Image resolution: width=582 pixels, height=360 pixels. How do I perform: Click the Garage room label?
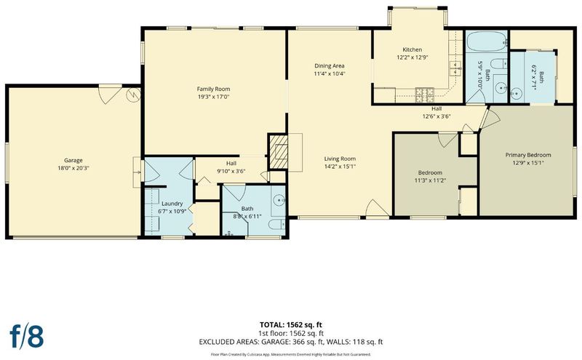coord(73,160)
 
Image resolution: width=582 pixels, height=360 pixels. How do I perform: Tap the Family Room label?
coord(213,89)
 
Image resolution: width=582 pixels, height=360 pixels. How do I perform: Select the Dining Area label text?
coord(330,65)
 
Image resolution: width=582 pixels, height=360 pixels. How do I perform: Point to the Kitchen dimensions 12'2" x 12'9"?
coord(412,57)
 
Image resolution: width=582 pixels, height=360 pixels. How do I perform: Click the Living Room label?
coord(340,159)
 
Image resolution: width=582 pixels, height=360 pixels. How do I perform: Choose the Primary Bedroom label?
coord(528,155)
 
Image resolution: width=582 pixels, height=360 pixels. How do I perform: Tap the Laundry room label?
coord(172,204)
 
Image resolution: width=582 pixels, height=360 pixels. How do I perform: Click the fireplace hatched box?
coord(278,152)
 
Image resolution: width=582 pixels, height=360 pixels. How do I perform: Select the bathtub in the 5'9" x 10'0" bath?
coord(487,41)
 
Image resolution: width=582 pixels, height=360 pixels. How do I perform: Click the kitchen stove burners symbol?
coord(425,95)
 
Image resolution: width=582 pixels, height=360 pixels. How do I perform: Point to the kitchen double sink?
coord(455,68)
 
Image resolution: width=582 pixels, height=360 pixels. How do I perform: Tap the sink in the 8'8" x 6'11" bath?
coord(279,200)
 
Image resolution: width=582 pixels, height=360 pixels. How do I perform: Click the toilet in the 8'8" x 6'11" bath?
coord(276,225)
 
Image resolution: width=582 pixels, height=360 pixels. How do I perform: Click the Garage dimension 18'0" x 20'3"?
coord(73,168)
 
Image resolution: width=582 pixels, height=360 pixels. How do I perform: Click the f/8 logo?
coord(27,336)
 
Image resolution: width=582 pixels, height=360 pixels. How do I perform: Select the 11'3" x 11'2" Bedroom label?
coord(430,176)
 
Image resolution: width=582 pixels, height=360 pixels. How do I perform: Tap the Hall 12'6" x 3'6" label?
coord(436,113)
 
